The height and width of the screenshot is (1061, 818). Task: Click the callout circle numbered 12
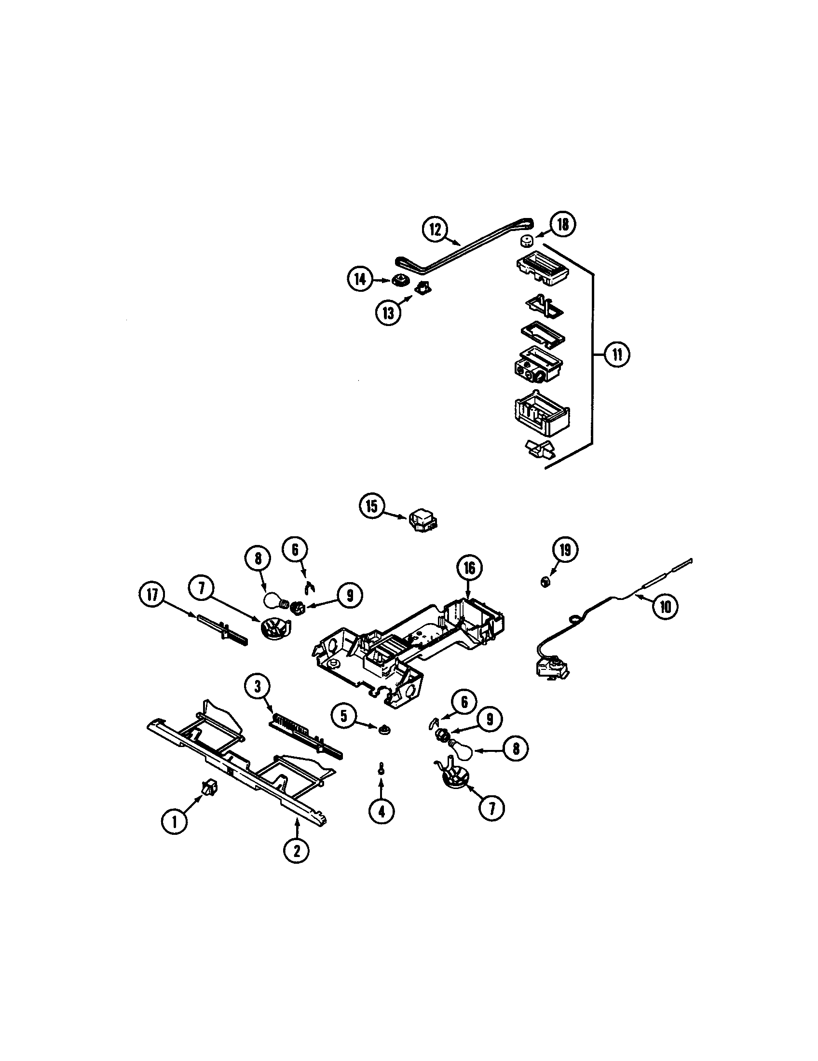435,230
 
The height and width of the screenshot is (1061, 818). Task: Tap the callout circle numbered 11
616,354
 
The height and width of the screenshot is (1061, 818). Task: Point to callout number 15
371,507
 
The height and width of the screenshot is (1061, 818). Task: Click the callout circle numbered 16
469,568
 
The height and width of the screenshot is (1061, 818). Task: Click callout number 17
152,595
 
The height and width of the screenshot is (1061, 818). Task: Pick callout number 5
344,717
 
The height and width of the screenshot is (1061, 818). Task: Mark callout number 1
174,821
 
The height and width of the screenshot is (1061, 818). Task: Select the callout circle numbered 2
296,850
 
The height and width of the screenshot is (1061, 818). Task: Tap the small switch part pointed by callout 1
209,788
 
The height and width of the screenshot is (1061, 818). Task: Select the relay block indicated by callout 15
422,521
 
